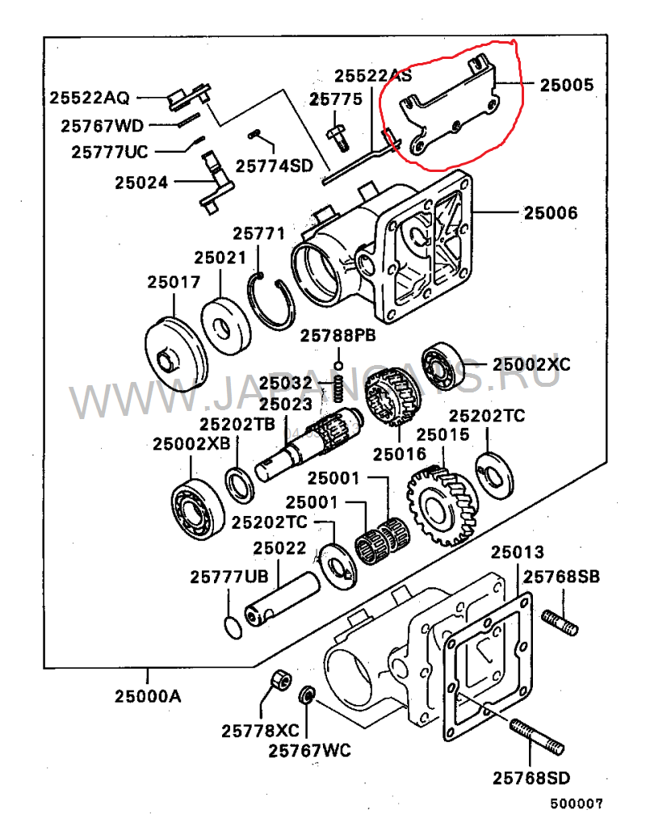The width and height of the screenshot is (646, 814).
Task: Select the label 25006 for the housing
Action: pos(551,213)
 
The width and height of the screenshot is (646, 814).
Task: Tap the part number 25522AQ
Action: pos(89,98)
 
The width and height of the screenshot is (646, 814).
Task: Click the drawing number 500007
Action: pos(577,804)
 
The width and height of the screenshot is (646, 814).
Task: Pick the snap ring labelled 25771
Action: pos(273,302)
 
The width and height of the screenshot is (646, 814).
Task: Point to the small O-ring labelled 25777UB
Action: pos(233,626)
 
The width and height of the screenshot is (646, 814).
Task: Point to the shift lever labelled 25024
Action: pos(212,184)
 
